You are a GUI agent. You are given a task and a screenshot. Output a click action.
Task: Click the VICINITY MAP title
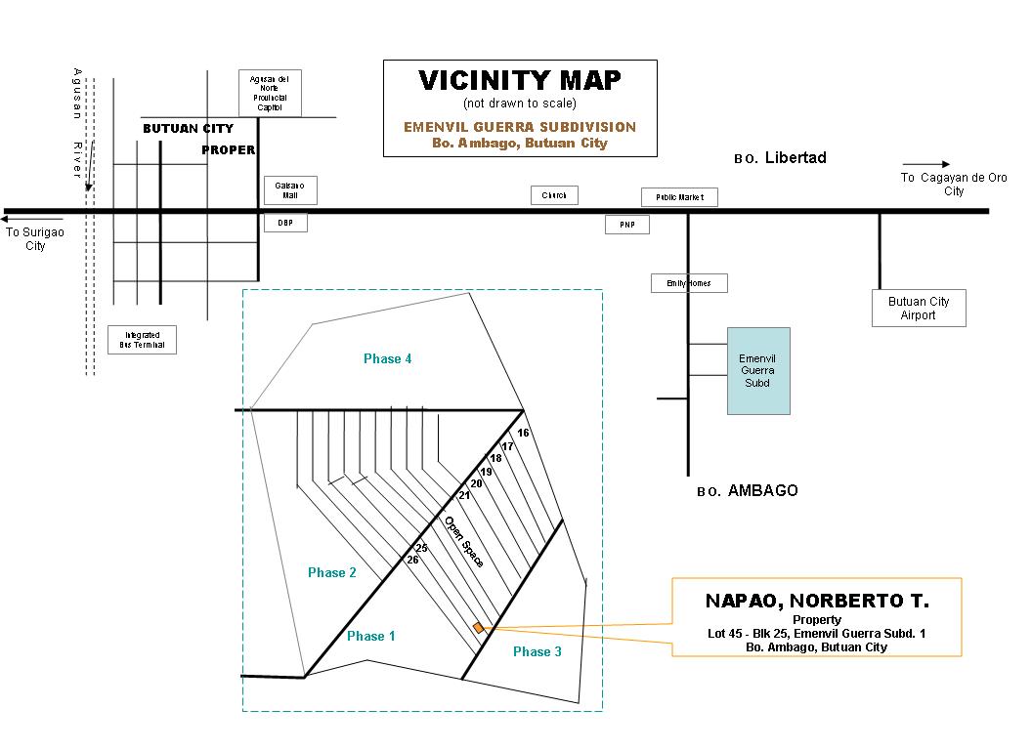pos(519,80)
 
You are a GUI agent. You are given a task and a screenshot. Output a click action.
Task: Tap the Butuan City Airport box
pos(918,309)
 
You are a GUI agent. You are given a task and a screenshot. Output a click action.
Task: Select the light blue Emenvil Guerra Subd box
pos(757,370)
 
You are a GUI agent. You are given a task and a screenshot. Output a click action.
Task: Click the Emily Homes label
pos(689,283)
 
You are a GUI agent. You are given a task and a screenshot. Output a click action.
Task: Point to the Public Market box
pos(679,197)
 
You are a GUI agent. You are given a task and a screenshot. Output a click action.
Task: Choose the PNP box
pos(626,225)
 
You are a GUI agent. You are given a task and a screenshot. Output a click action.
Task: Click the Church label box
pos(554,195)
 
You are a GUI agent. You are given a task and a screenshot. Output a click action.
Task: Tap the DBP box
pos(285,224)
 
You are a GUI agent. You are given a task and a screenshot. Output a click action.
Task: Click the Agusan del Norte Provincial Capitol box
pos(270,93)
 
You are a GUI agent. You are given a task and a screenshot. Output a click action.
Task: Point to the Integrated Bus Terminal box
pos(142,340)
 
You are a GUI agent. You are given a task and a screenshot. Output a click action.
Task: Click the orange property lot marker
pos(478,628)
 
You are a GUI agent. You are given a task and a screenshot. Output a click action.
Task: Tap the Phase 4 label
pos(387,358)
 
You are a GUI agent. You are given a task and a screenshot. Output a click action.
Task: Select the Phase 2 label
pos(332,572)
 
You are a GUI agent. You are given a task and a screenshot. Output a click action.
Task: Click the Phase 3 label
pos(537,651)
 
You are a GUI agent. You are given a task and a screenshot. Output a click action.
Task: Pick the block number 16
pos(523,433)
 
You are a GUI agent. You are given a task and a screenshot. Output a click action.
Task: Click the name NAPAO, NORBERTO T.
pos(817,600)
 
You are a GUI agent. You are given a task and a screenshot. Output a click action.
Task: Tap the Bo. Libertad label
pos(780,158)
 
